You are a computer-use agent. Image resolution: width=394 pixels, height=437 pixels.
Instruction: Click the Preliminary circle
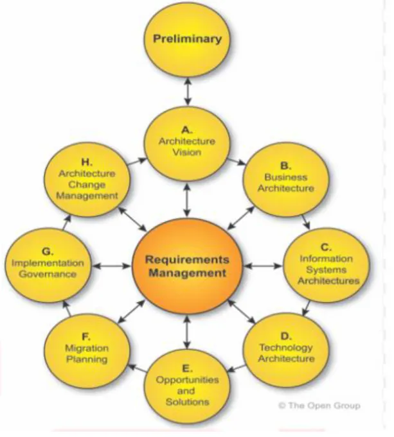(x=187, y=40)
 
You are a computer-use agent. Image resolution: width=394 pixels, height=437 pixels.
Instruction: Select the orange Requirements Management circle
(x=187, y=266)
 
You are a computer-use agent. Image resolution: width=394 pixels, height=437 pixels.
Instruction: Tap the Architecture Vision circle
(x=187, y=144)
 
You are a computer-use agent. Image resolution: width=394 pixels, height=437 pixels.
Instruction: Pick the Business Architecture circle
(x=285, y=180)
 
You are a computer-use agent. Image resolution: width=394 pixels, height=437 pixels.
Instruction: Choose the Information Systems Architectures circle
(x=326, y=266)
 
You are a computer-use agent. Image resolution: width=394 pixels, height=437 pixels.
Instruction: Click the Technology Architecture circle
(x=285, y=350)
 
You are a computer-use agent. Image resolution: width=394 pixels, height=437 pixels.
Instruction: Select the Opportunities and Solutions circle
(x=187, y=386)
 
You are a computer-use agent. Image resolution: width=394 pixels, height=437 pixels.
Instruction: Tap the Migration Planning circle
(x=87, y=350)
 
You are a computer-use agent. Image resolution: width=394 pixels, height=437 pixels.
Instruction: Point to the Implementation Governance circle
(x=48, y=265)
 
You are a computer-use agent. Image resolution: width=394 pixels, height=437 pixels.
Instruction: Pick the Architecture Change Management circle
(x=87, y=180)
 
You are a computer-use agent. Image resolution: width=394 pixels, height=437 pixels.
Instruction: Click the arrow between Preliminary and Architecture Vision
(x=188, y=92)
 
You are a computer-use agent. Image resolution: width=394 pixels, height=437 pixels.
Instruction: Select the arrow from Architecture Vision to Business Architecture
(x=237, y=162)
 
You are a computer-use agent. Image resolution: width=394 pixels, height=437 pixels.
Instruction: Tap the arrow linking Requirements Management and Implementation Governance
(x=112, y=266)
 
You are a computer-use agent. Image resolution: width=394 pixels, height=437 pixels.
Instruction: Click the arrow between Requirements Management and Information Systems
(x=263, y=266)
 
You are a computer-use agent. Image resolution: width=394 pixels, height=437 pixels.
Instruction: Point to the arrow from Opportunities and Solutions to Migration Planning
(x=137, y=368)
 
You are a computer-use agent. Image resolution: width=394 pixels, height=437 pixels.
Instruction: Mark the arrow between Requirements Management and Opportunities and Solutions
(x=188, y=332)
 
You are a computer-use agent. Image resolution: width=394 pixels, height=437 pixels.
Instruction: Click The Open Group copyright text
(x=319, y=406)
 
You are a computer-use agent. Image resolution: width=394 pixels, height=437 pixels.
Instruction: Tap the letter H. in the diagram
(x=87, y=162)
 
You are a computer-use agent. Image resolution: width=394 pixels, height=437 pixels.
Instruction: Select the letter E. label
(x=187, y=368)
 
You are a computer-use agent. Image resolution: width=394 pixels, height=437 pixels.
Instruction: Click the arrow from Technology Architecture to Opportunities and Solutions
(x=237, y=368)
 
